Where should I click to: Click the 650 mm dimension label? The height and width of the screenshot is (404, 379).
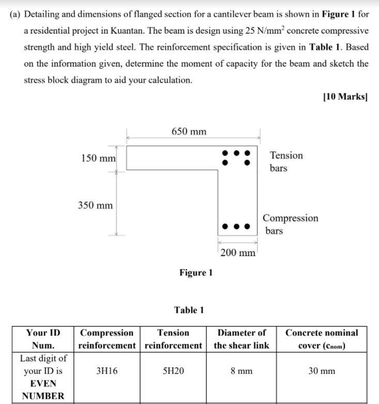tap(188, 131)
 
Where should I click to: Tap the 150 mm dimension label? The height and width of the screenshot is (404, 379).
tap(98, 157)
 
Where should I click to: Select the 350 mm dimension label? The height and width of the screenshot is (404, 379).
tap(95, 205)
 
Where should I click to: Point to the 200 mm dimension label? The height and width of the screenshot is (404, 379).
tap(237, 253)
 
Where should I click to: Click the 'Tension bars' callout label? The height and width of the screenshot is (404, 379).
tap(286, 161)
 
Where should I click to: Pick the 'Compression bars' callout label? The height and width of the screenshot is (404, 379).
tap(291, 224)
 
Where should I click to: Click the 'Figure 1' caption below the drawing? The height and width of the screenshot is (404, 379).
tap(195, 272)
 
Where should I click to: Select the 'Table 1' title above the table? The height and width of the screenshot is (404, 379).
tap(189, 310)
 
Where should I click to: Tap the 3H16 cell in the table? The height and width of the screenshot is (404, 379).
tap(107, 371)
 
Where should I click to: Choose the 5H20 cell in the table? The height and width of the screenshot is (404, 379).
tap(173, 371)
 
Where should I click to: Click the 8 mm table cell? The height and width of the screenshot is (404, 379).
tap(241, 371)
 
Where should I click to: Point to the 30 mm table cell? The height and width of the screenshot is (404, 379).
tap(322, 371)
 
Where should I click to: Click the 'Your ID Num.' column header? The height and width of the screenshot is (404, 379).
tap(43, 339)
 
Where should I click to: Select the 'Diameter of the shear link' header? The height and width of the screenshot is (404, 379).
tap(241, 339)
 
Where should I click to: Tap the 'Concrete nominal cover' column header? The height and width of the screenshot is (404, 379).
tap(322, 339)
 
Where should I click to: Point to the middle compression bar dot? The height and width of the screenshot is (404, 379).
tap(237, 226)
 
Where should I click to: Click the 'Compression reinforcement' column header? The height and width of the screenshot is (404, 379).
tap(107, 339)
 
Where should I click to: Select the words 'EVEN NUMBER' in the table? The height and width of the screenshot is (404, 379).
tap(43, 390)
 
